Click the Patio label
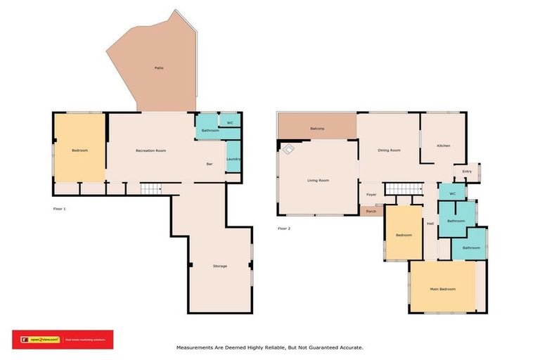pyautogui.click(x=159, y=68)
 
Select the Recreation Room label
pyautogui.click(x=150, y=151)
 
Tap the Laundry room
pyautogui.click(x=233, y=159)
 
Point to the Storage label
pyautogui.click(x=220, y=266)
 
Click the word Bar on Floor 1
pyautogui.click(x=209, y=165)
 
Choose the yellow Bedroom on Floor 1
pyautogui.click(x=79, y=150)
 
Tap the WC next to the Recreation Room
pyautogui.click(x=230, y=123)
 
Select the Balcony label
pyautogui.click(x=317, y=129)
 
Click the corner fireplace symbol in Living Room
pyautogui.click(x=288, y=148)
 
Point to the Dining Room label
pyautogui.click(x=389, y=150)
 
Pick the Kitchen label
pyautogui.click(x=443, y=146)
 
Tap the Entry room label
pyautogui.click(x=467, y=171)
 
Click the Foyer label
pyautogui.click(x=371, y=195)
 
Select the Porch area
pyautogui.click(x=371, y=211)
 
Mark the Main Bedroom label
pyautogui.click(x=443, y=289)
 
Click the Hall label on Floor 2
pyautogui.click(x=430, y=224)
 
